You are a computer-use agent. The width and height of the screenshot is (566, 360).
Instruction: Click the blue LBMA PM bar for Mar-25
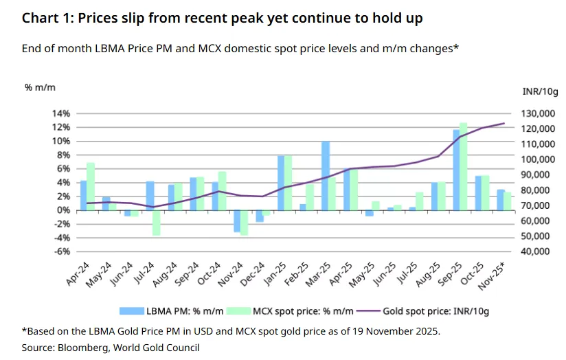(x=326, y=175)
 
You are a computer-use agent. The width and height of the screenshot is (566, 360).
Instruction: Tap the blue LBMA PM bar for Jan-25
(x=281, y=183)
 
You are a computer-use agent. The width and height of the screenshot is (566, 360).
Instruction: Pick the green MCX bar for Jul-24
(x=156, y=223)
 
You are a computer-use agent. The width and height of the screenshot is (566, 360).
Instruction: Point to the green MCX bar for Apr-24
(x=90, y=186)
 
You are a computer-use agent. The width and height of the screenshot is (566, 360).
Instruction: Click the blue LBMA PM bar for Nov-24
(x=237, y=221)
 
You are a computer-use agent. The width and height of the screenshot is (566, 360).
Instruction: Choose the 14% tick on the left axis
(x=61, y=113)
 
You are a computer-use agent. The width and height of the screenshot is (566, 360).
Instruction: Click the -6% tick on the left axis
(x=62, y=251)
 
